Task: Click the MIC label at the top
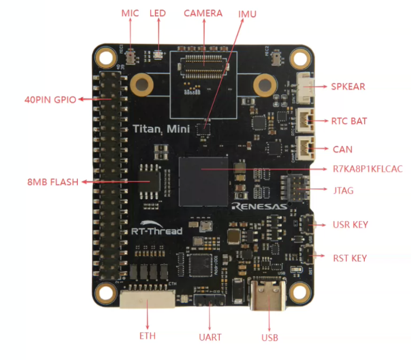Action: (130, 12)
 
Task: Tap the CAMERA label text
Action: (203, 13)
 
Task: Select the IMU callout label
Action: (247, 13)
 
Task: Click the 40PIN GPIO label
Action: (50, 100)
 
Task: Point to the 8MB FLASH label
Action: (53, 181)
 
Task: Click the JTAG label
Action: (342, 190)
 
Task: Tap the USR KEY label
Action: (350, 225)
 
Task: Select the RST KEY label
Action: (350, 258)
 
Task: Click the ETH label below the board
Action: (148, 336)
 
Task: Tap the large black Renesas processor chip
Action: (204, 181)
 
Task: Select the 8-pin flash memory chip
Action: (149, 181)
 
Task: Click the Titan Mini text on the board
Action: (161, 129)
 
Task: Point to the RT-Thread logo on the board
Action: (156, 229)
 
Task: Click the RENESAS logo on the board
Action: (260, 206)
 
